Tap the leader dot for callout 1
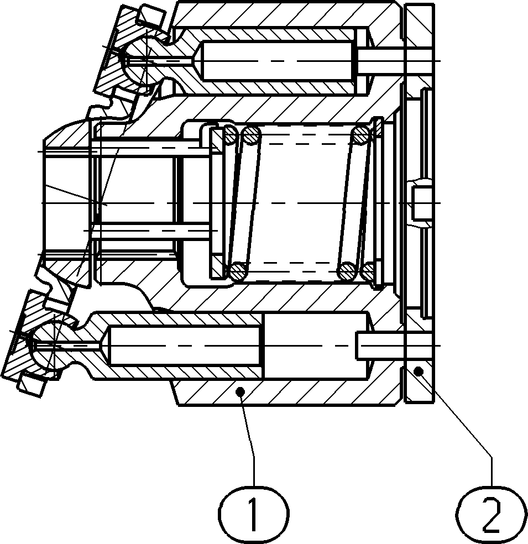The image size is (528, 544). (240, 392)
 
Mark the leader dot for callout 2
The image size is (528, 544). (420, 372)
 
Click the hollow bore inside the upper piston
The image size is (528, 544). (276, 61)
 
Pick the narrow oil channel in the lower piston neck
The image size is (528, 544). (69, 346)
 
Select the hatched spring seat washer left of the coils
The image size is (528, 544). (217, 202)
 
